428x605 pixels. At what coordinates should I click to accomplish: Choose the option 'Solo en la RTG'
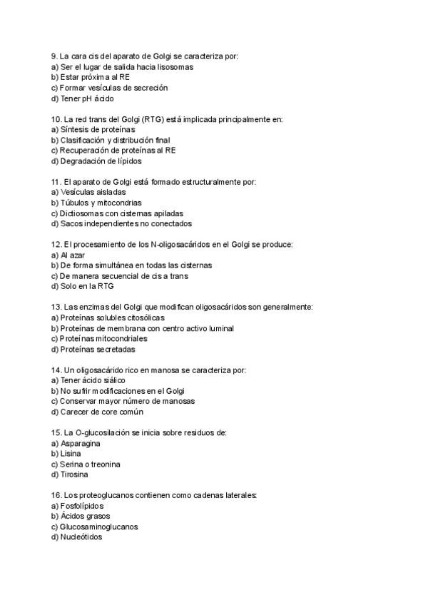click(x=82, y=286)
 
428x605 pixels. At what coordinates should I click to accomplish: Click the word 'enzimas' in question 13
click(x=97, y=307)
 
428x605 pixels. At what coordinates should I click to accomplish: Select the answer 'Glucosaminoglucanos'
click(x=97, y=527)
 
